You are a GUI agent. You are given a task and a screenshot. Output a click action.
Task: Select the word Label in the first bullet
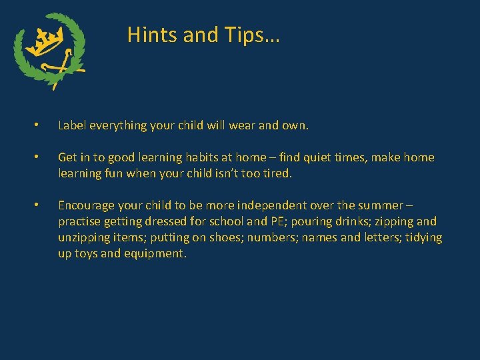pos(72,125)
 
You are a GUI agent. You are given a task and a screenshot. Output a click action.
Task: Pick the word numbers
pos(273,237)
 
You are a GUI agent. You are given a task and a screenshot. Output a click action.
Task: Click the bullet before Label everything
pos(37,125)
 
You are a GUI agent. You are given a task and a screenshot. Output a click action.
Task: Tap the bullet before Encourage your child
pos(37,205)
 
